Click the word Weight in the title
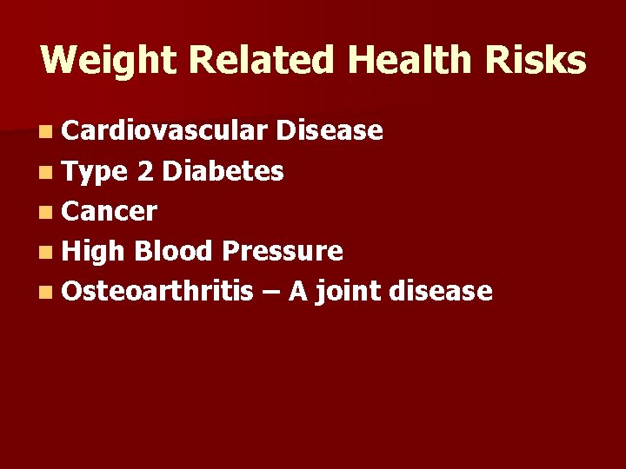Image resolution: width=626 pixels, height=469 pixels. point(108,61)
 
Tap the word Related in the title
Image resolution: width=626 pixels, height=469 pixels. point(261,61)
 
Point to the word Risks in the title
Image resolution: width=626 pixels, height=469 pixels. point(536,61)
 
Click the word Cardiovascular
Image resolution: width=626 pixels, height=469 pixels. point(164,131)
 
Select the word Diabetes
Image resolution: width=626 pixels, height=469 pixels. point(223,172)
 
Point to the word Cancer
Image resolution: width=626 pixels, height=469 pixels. point(110,212)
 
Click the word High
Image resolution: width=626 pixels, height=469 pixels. point(95,252)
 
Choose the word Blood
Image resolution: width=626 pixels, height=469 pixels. point(174,252)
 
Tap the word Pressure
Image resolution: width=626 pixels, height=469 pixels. point(283,252)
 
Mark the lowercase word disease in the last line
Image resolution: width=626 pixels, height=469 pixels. point(441,292)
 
